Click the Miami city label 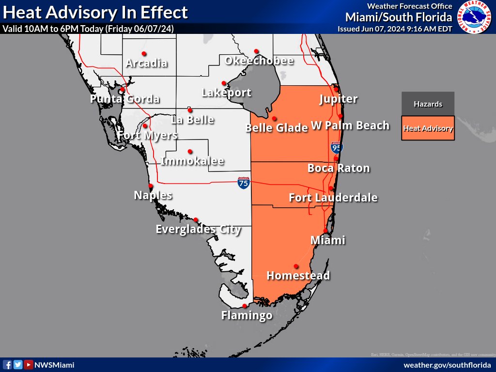(327, 240)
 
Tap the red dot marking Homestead (296, 266)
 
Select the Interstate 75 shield (244, 183)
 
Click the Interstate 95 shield (336, 148)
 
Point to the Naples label (153, 195)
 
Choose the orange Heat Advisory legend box (428, 128)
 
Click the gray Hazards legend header (428, 104)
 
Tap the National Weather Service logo (474, 17)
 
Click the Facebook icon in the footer (7, 365)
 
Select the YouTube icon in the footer (29, 365)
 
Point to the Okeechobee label (259, 61)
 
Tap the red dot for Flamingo (245, 306)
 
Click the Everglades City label (198, 229)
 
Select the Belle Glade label (277, 128)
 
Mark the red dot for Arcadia (144, 53)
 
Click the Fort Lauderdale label (333, 198)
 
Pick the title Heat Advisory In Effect (95, 12)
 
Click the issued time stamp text (394, 29)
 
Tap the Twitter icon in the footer (18, 365)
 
